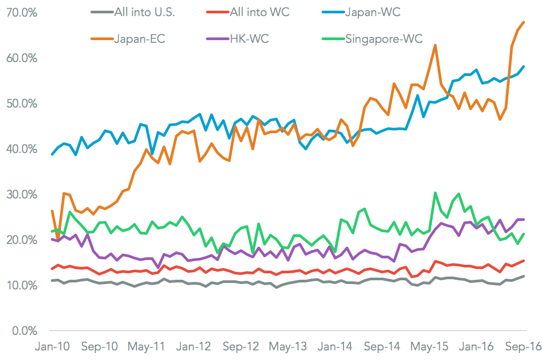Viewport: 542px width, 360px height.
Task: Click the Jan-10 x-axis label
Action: click(x=52, y=346)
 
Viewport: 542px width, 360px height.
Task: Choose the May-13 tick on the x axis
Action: click(x=287, y=346)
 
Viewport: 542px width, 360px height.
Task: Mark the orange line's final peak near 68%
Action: click(x=523, y=22)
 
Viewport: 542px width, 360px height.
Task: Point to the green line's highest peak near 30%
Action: click(x=436, y=193)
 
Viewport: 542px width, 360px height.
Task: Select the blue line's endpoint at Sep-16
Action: click(x=524, y=66)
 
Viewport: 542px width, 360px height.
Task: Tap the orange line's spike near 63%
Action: click(x=436, y=45)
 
